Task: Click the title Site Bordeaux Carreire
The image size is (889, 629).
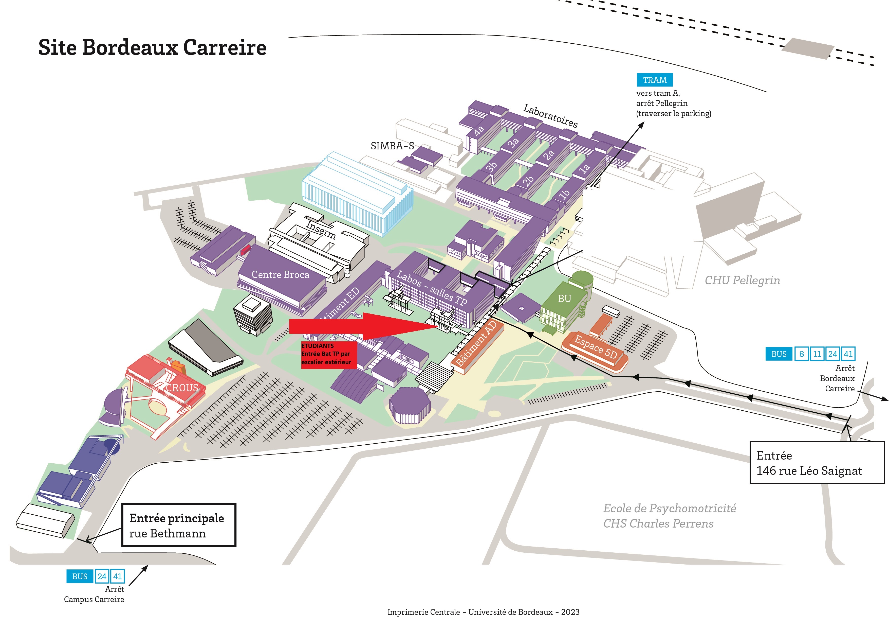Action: (x=152, y=48)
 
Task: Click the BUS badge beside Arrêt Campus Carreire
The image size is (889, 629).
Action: (x=80, y=576)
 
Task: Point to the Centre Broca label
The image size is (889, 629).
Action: (x=280, y=274)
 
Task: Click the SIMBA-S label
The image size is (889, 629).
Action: (x=392, y=146)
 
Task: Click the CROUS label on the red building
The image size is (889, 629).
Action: (x=182, y=388)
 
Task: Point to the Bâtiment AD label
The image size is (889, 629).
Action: (x=476, y=344)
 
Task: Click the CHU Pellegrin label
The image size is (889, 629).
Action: (x=742, y=280)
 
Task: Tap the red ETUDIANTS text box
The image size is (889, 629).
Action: (x=329, y=354)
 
